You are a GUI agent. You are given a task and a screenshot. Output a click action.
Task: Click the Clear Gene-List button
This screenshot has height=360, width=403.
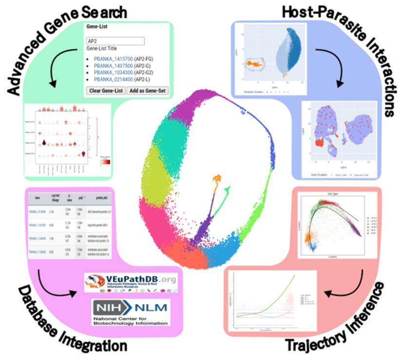point(104,90)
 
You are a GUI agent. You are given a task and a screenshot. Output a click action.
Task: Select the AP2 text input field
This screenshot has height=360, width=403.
point(115,41)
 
